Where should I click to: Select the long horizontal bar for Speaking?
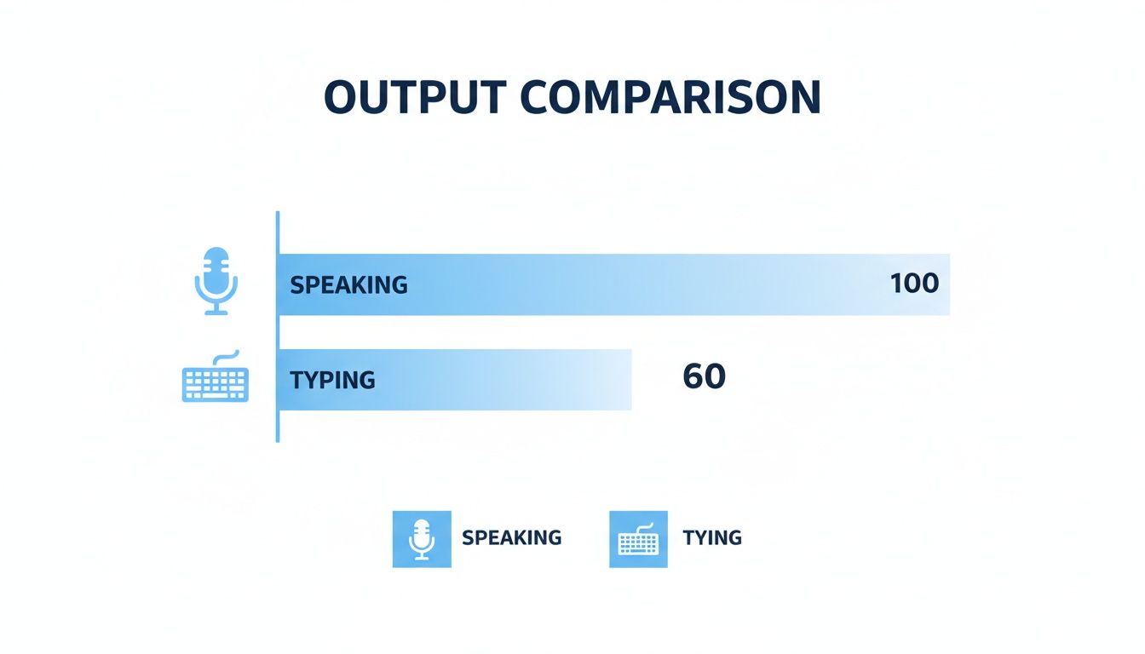tap(613, 284)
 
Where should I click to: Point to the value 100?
tap(914, 284)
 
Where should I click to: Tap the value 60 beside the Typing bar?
tap(705, 376)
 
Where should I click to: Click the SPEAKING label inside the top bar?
tap(348, 284)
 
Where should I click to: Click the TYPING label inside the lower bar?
tap(332, 380)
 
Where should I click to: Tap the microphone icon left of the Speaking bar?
tap(216, 280)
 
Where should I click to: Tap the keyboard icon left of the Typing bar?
tap(216, 381)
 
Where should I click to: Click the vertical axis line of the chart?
tap(278, 341)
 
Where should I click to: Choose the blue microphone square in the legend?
tap(422, 539)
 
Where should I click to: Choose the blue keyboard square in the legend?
tap(638, 539)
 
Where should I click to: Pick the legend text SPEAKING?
tap(511, 538)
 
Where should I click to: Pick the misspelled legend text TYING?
tap(712, 538)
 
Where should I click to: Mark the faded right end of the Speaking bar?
tap(941, 284)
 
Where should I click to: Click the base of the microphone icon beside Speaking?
tap(216, 312)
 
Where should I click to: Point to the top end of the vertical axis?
tap(278, 215)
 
